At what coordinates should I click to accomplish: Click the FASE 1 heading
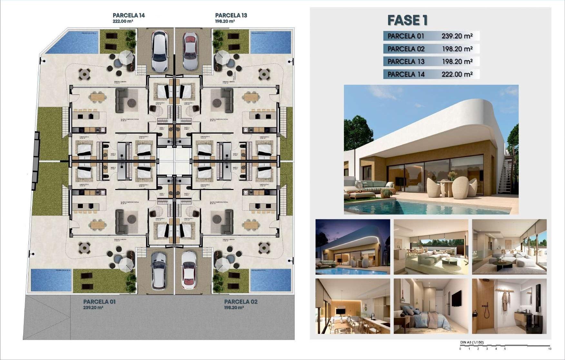tap(407, 20)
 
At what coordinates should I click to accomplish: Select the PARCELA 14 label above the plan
tap(129, 15)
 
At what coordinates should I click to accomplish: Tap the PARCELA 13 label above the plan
tap(231, 15)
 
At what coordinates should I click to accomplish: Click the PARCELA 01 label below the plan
tap(99, 302)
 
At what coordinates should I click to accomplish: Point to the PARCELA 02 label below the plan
tap(240, 302)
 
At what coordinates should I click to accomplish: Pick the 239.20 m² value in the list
tap(457, 36)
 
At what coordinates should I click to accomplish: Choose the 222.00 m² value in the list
tap(457, 74)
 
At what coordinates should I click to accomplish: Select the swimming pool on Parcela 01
tap(51, 280)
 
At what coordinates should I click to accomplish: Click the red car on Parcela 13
tap(190, 51)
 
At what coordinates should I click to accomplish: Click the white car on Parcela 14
tap(160, 51)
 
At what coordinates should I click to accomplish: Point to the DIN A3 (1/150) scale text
tap(472, 343)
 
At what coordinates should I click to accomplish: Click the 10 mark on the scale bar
tap(549, 349)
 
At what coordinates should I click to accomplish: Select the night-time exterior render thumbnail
tap(353, 247)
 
